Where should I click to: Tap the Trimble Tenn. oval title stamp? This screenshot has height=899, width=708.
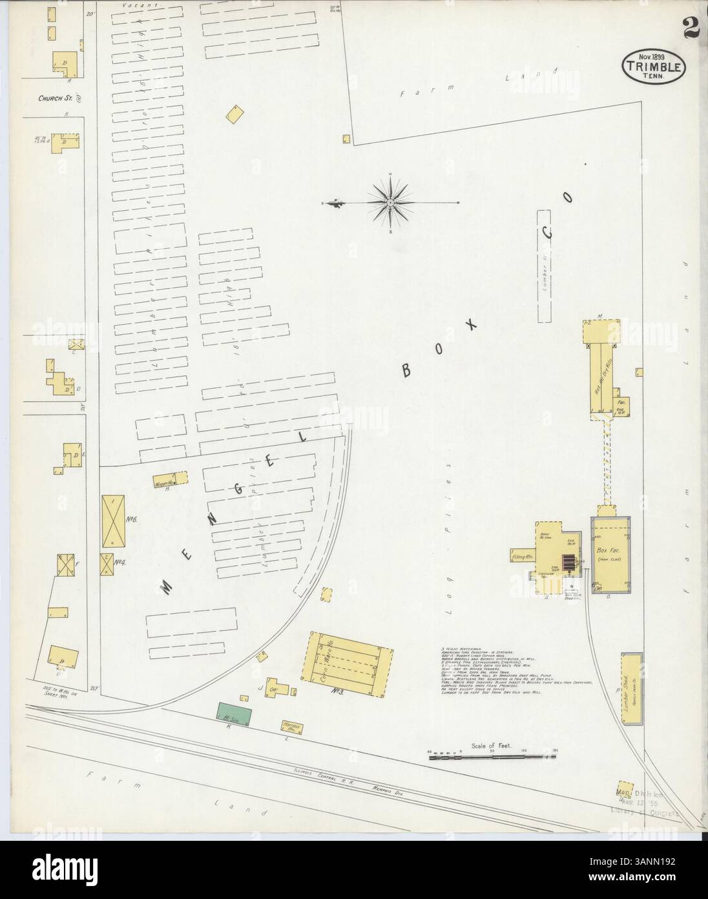tap(654, 65)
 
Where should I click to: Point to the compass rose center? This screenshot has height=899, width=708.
tap(391, 203)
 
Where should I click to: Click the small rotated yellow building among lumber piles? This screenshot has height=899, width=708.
tap(235, 115)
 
